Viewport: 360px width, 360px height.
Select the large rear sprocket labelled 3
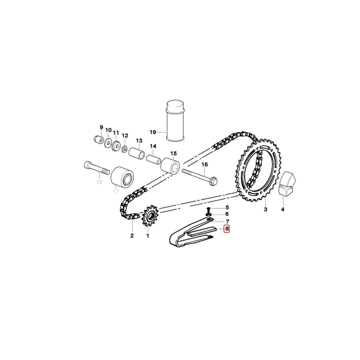coord(258,170)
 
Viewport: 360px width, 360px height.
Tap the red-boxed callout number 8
coord(227,229)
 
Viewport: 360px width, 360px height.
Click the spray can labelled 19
coord(175,121)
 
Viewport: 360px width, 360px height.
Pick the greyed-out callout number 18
coord(99,182)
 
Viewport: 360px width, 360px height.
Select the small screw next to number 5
coord(209,210)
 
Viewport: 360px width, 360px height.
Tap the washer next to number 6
coord(209,214)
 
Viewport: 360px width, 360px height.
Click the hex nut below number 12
coord(125,149)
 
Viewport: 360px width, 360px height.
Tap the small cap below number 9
coord(99,140)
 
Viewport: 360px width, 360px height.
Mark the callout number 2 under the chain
coord(132,235)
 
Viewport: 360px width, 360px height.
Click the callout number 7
coord(227,222)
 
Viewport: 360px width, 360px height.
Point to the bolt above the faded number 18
coord(96,168)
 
